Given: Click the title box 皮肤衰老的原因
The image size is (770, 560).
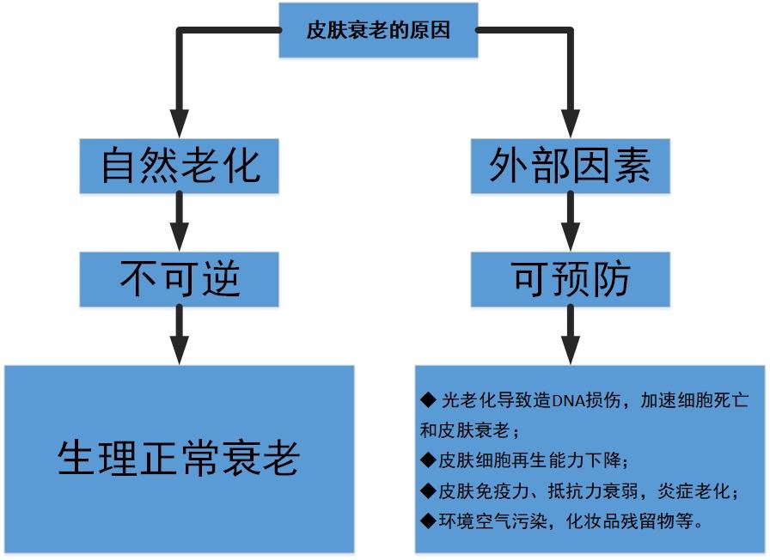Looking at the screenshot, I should coord(378,31).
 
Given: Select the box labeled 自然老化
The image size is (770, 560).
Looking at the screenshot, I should coord(180,165).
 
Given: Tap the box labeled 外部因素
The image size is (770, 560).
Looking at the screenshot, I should coord(571,165).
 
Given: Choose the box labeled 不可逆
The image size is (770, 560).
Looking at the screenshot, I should coord(179,278).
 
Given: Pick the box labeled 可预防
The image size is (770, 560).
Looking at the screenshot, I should coord(571,278).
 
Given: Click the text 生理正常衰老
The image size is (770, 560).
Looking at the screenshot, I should coord(179,459).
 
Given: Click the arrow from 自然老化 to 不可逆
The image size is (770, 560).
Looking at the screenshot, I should coord(180,222).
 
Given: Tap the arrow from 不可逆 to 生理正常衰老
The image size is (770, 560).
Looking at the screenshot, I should coord(180,335).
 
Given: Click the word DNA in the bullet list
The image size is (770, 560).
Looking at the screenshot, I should coord(567,400).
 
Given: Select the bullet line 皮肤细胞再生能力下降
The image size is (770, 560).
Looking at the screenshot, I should coord(526,460).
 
